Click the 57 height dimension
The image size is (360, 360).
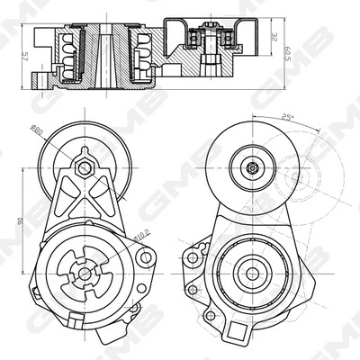click(25, 56)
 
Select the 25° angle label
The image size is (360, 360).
click(285, 117)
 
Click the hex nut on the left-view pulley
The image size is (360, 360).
click(84, 166)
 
